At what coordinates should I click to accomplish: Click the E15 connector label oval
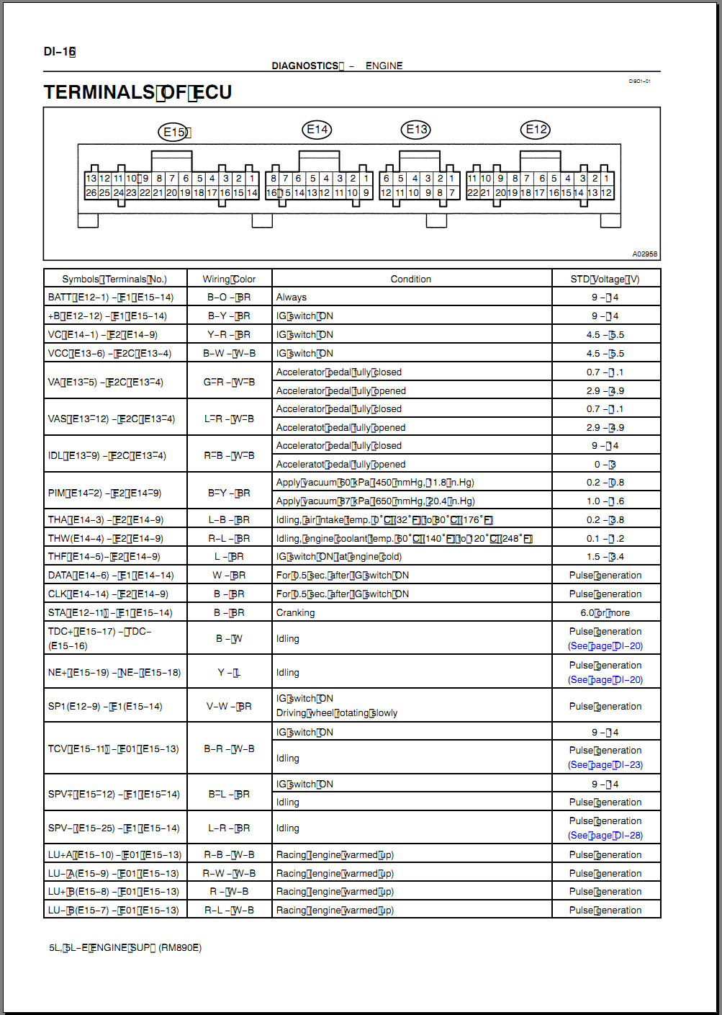pos(173,131)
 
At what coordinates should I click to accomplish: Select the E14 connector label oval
pos(317,130)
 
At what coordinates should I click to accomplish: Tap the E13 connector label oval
pos(416,130)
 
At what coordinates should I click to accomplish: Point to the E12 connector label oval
pos(536,130)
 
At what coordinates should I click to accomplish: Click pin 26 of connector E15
pos(91,193)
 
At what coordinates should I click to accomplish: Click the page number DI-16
pos(59,51)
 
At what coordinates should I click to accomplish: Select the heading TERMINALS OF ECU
pos(137,92)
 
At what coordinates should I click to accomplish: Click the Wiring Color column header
pos(229,279)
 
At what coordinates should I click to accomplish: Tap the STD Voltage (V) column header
pos(605,279)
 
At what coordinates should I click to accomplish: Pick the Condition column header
pos(410,279)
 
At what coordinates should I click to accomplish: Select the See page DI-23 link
pos(605,764)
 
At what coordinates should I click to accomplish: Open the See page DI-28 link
pos(605,835)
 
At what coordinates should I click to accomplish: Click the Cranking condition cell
pos(295,612)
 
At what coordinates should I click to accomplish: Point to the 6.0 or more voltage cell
pos(605,612)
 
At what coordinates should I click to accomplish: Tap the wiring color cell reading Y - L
pos(229,672)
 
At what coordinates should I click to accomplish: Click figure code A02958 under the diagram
pos(644,254)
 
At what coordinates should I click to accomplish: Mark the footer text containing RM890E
pos(125,947)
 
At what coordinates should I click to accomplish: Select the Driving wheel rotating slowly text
pos(336,712)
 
